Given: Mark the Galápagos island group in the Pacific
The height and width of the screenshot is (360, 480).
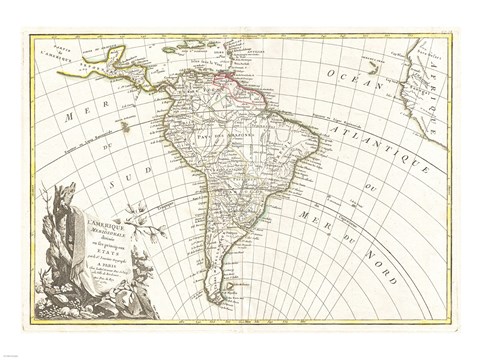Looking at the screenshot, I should [x=125, y=127].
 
